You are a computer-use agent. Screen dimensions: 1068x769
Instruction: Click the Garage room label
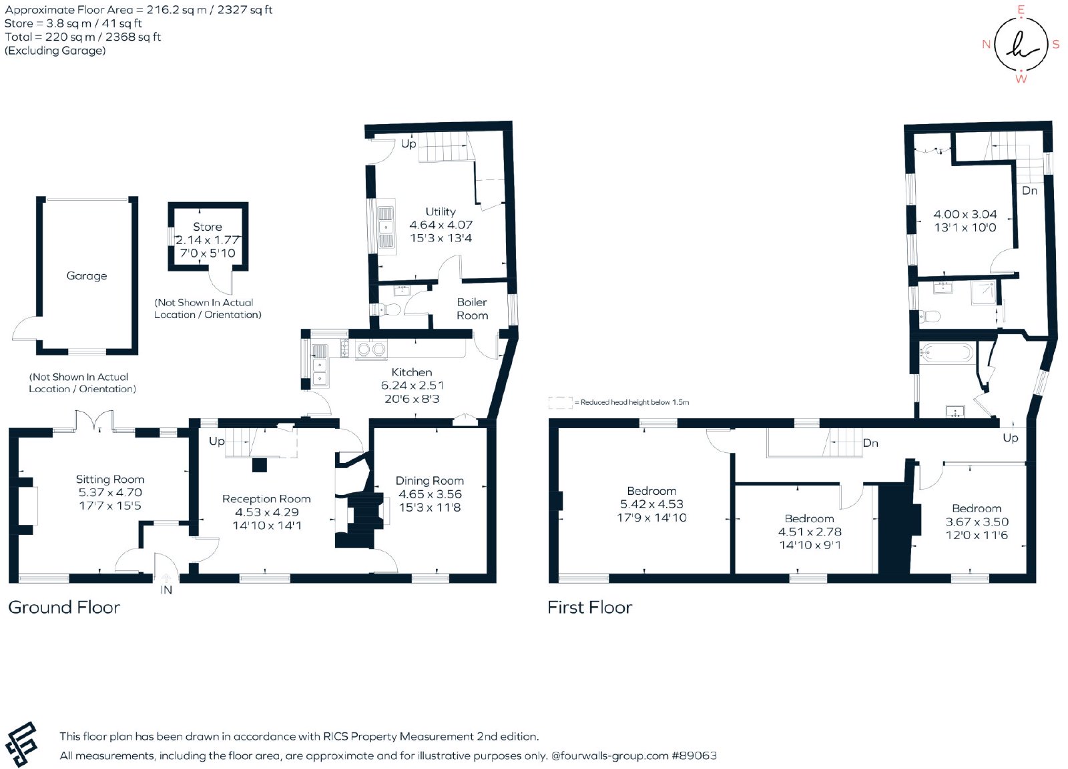pyautogui.click(x=86, y=276)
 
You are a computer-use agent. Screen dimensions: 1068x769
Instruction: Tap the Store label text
pyautogui.click(x=208, y=227)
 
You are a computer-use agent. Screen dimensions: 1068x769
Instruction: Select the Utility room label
pyautogui.click(x=441, y=211)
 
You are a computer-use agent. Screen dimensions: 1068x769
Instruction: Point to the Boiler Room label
pyautogui.click(x=472, y=309)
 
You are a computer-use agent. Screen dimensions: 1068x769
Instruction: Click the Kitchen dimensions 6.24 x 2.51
pyautogui.click(x=412, y=386)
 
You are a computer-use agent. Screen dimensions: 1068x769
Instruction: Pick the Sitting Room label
pyautogui.click(x=110, y=480)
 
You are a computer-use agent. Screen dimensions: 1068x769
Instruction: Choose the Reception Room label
pyautogui.click(x=266, y=499)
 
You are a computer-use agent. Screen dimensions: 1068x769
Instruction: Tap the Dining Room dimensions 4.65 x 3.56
pyautogui.click(x=430, y=494)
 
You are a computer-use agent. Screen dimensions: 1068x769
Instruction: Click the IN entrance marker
pyautogui.click(x=166, y=590)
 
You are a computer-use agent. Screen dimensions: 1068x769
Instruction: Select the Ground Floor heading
pyautogui.click(x=64, y=608)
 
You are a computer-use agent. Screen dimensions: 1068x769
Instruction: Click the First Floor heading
pyautogui.click(x=590, y=608)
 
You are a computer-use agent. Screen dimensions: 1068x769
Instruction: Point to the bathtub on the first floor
pyautogui.click(x=947, y=353)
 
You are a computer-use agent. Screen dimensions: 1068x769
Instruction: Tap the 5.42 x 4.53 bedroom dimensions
pyautogui.click(x=651, y=504)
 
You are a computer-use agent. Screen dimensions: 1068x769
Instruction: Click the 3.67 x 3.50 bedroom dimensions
pyautogui.click(x=977, y=522)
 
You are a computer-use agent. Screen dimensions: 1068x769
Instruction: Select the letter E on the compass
pyautogui.click(x=1021, y=10)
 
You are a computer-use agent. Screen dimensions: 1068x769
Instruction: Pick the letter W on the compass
pyautogui.click(x=1021, y=79)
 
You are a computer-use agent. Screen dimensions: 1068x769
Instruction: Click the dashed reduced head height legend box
pyautogui.click(x=560, y=403)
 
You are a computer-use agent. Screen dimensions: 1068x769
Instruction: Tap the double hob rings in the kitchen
pyautogui.click(x=371, y=350)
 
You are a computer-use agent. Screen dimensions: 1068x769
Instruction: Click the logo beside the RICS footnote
pyautogui.click(x=21, y=744)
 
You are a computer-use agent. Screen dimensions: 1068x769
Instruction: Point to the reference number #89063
pyautogui.click(x=694, y=756)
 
